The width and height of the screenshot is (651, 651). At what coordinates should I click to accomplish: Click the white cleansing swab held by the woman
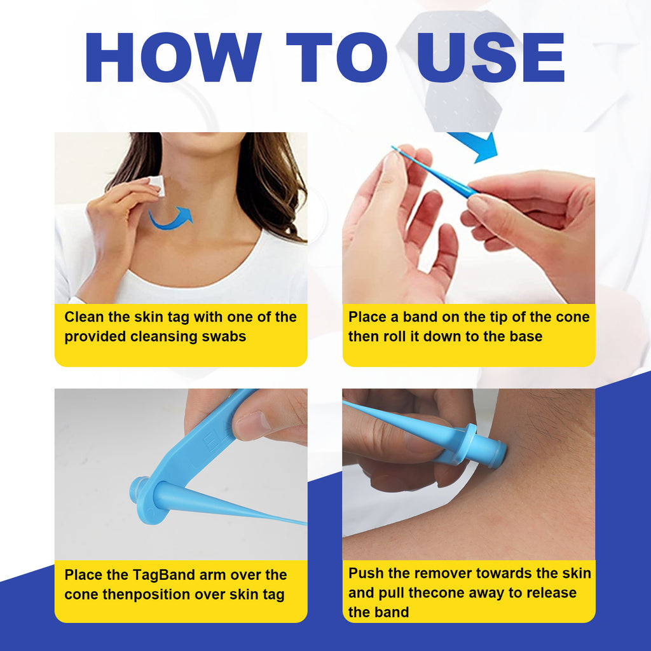click(x=156, y=186)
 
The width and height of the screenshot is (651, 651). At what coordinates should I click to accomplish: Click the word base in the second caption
click(x=524, y=336)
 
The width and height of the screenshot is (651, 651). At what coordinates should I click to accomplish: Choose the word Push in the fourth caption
click(x=366, y=573)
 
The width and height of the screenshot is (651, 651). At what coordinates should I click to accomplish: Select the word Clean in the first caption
click(x=83, y=317)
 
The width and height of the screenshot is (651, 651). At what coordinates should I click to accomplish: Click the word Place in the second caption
click(x=367, y=317)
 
